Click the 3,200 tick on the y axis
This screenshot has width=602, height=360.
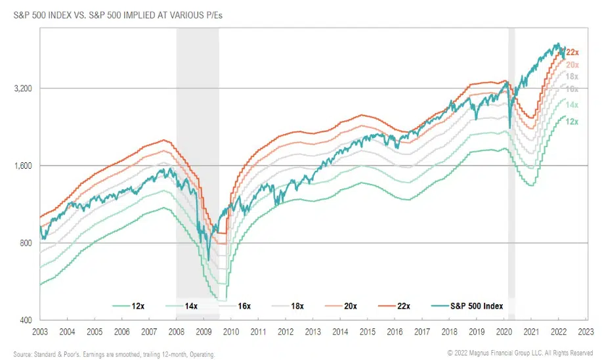point(23,88)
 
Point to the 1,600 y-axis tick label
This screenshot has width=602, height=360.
point(23,166)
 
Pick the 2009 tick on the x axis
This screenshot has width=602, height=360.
point(203,332)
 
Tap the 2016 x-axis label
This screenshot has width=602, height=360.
point(394,332)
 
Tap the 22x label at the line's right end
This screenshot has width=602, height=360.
point(572,52)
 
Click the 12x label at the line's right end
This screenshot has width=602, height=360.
point(572,122)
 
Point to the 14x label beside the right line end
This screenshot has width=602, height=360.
point(572,105)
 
